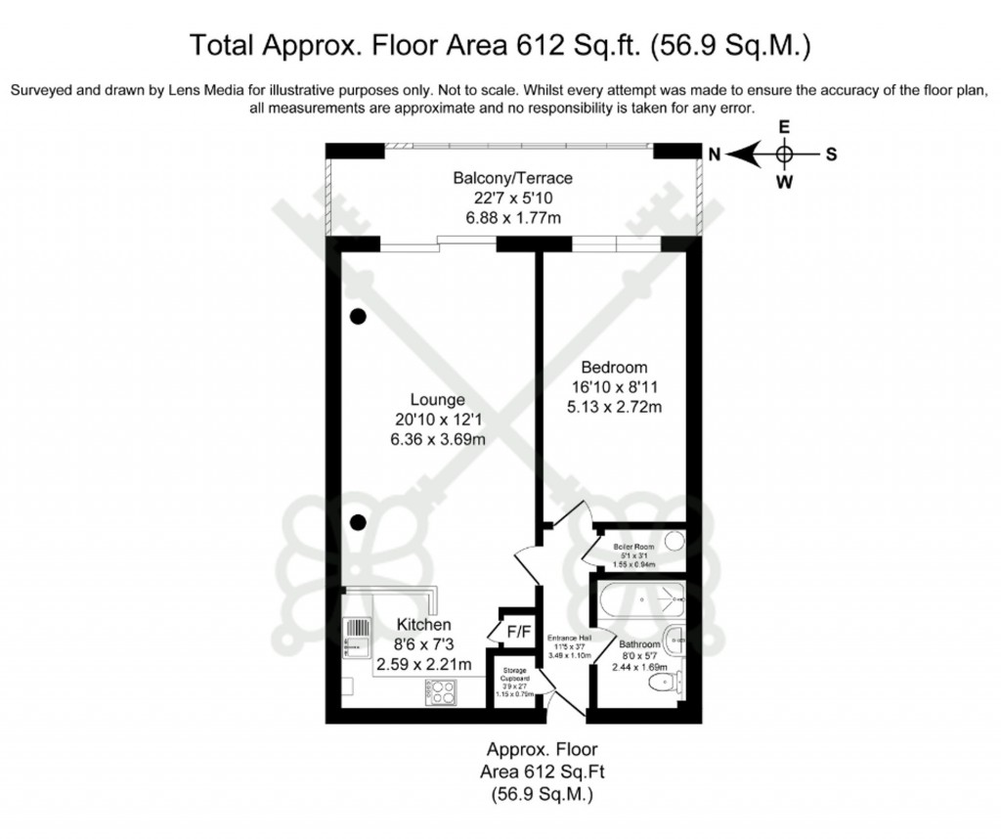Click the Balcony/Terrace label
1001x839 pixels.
512,179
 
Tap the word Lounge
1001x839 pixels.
437,400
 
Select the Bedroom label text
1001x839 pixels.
614,368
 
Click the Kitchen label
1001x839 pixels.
423,625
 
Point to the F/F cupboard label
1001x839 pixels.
517,632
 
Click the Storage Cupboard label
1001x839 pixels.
517,676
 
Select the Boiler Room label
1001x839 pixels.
632,547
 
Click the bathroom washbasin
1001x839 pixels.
675,641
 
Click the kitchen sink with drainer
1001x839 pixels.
355,638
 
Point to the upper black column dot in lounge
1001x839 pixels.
359,316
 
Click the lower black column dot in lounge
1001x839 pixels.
359,521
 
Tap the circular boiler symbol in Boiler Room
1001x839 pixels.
674,539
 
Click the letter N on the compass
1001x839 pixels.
715,154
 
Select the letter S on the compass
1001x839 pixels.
831,154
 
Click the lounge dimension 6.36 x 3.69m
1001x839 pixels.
437,439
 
